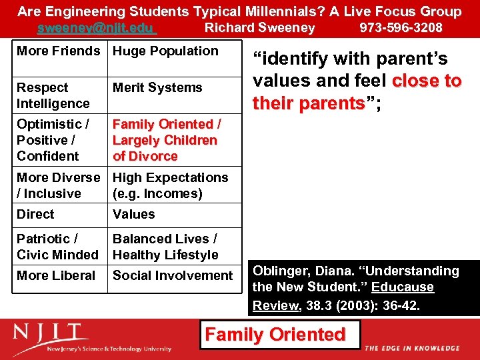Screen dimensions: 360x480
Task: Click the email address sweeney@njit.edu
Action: (x=96, y=28)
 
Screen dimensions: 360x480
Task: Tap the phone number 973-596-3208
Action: (x=401, y=28)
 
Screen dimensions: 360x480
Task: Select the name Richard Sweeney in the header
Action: (x=259, y=28)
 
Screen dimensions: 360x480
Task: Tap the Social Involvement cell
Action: (x=173, y=275)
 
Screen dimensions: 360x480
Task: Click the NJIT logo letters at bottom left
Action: (x=51, y=332)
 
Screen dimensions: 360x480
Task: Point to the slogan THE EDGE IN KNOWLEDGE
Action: (x=412, y=348)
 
